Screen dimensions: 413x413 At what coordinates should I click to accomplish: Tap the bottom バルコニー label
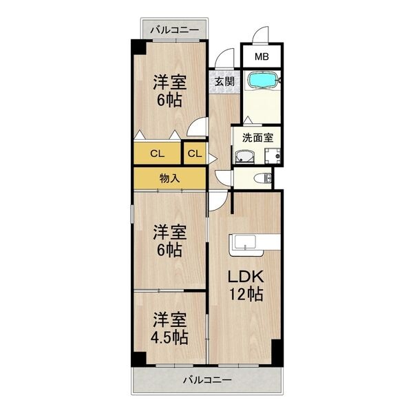pyautogui.click(x=207, y=379)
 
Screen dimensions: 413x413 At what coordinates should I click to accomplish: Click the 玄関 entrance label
pyautogui.click(x=223, y=81)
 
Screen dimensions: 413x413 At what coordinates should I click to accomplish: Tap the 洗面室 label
pyautogui.click(x=256, y=136)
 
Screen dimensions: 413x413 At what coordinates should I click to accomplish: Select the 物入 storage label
pyautogui.click(x=169, y=178)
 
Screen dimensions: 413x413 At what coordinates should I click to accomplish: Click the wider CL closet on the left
pyautogui.click(x=157, y=153)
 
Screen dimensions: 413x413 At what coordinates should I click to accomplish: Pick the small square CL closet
pyautogui.click(x=194, y=153)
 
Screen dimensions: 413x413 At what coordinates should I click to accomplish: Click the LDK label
pyautogui.click(x=245, y=277)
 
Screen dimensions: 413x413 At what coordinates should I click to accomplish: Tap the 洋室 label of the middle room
pyautogui.click(x=169, y=231)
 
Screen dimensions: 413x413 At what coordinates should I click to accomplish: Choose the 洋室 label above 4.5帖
pyautogui.click(x=169, y=319)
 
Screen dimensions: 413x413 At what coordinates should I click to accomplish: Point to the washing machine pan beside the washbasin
pyautogui.click(x=273, y=156)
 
